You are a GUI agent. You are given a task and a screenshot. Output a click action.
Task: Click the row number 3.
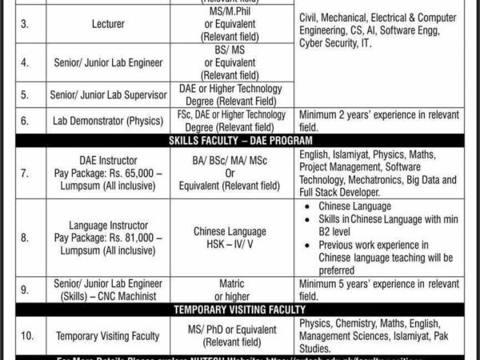(x=25, y=25)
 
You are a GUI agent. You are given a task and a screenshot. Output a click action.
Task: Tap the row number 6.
(x=25, y=120)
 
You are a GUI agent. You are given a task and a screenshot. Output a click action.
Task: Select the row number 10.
(x=25, y=336)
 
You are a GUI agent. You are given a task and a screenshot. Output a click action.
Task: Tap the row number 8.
(x=25, y=238)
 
